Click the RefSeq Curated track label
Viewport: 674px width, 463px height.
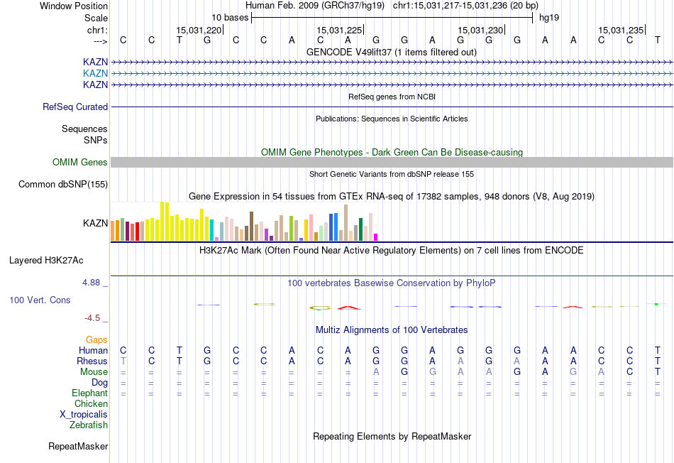click(75, 107)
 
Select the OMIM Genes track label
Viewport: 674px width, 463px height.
click(80, 163)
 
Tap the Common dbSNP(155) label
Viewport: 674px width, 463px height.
click(63, 185)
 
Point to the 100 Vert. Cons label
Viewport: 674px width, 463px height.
click(40, 300)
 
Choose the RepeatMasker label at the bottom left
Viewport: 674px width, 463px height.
click(78, 447)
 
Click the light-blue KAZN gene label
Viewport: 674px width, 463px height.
click(95, 73)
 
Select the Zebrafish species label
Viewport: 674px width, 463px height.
click(89, 425)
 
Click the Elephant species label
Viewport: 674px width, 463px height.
click(89, 393)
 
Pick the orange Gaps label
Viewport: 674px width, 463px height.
click(96, 340)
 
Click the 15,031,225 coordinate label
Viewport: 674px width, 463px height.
click(340, 30)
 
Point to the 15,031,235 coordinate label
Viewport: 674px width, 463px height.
click(621, 30)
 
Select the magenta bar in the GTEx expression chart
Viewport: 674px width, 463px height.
click(376, 237)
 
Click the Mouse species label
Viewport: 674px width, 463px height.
click(94, 371)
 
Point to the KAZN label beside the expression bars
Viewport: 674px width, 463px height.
click(95, 223)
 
